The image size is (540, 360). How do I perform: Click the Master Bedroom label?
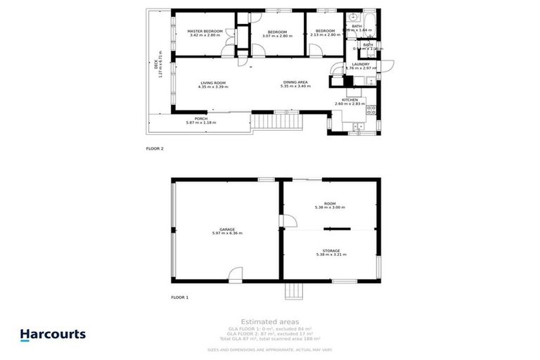point(205,32)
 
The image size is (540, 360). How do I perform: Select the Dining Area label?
point(295,83)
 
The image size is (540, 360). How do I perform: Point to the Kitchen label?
point(350,101)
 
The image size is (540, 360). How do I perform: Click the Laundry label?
point(361,64)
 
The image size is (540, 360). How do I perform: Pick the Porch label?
point(200,119)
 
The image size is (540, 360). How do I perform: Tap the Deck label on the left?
point(155,66)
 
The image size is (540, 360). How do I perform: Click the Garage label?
point(226,229)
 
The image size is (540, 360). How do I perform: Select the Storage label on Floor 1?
point(331,250)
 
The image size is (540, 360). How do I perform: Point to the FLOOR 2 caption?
point(155,149)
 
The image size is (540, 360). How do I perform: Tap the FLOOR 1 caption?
point(180,297)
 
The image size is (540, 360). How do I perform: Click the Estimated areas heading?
point(269,321)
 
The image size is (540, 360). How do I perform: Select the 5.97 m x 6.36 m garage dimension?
point(226,233)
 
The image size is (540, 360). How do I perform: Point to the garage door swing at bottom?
point(235,274)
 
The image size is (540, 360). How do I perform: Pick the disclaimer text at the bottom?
point(269,349)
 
